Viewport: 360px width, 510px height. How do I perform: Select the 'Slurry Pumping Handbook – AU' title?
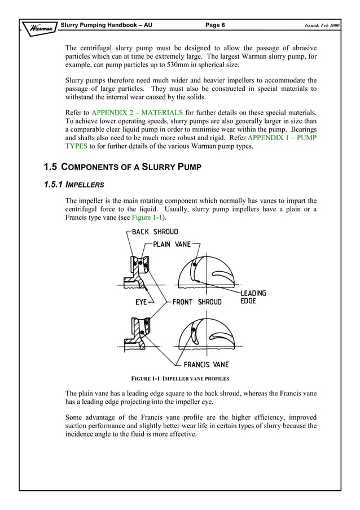107,25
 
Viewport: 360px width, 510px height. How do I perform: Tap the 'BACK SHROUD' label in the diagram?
155,232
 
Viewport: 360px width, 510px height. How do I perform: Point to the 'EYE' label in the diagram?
141,302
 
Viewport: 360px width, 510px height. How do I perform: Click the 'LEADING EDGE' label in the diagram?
253,297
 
